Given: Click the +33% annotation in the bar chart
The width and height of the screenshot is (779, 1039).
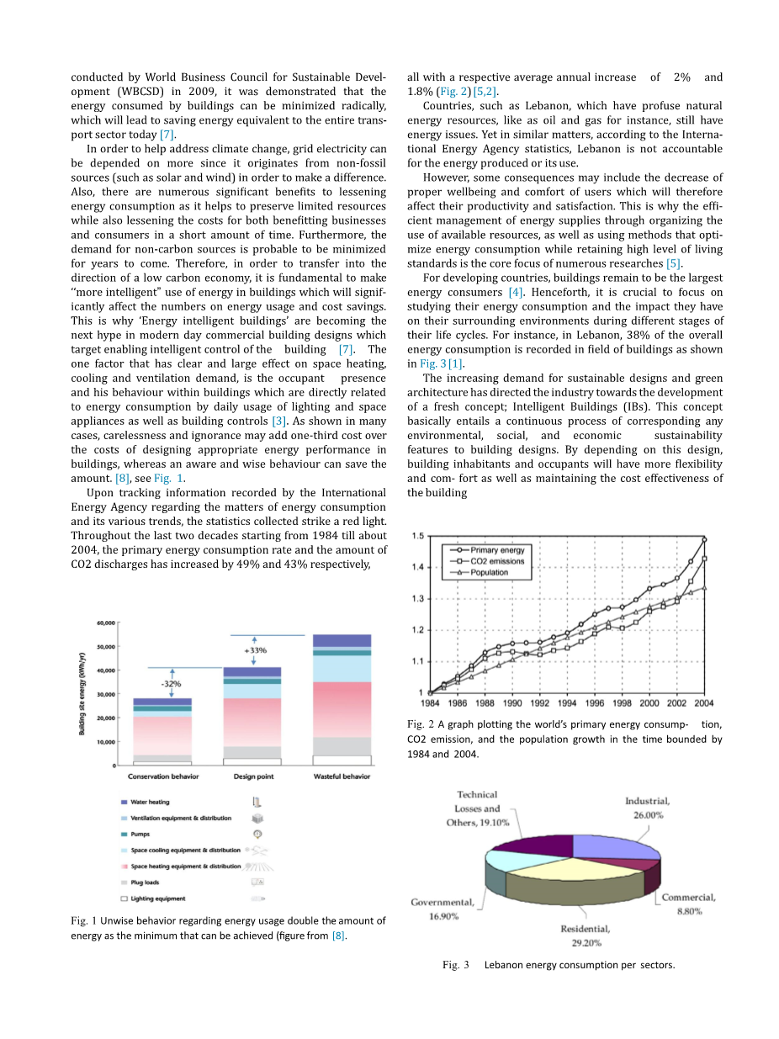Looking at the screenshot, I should (x=255, y=650).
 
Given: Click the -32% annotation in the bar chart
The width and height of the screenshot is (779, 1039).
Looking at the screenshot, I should (x=171, y=684).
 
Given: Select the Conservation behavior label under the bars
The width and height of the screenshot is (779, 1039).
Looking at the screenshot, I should (x=163, y=777).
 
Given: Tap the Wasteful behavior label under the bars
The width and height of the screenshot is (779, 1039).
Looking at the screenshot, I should (x=342, y=777).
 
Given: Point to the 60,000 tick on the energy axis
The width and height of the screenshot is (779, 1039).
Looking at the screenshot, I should (x=104, y=623).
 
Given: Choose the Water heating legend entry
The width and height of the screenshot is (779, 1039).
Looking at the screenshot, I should (x=151, y=802).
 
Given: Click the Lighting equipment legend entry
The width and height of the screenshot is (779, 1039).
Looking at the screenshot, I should (x=158, y=899).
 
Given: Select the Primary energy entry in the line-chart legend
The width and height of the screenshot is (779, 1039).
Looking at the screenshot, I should (x=497, y=550).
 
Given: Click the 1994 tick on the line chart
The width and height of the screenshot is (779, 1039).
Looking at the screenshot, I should (x=567, y=702).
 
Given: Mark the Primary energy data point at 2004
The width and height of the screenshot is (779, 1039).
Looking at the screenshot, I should (x=704, y=539).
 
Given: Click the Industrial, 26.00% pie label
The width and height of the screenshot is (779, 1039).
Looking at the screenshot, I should (x=647, y=808).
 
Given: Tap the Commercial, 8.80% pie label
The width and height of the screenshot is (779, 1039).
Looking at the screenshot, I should (x=688, y=904).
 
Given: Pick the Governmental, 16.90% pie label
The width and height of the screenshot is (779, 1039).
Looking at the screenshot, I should (x=442, y=909).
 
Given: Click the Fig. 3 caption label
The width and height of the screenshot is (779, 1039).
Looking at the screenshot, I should (x=456, y=965).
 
